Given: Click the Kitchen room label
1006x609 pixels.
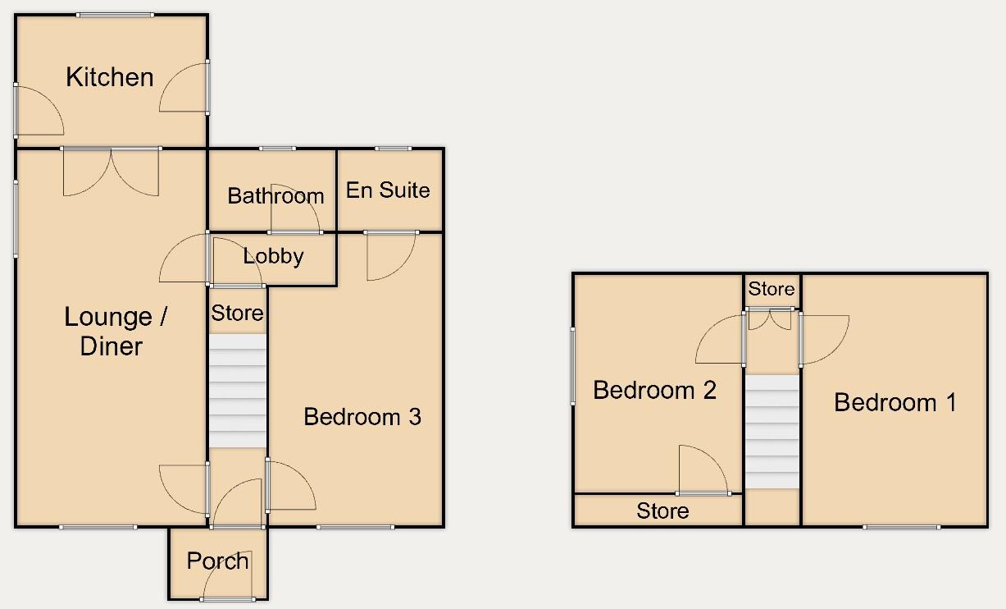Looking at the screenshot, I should [x=110, y=77].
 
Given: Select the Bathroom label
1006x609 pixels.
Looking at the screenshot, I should [x=275, y=195].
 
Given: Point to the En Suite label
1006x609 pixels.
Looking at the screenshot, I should [x=388, y=190].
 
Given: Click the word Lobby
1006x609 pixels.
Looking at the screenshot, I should [x=273, y=256].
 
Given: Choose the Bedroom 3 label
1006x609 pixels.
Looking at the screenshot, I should [x=362, y=416].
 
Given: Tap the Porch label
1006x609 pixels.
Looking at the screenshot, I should [x=217, y=561].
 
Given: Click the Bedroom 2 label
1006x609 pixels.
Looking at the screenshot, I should [x=654, y=390].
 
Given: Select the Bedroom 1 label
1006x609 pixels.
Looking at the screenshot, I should [x=895, y=402].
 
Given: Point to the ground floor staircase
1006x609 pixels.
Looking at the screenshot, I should [x=238, y=390].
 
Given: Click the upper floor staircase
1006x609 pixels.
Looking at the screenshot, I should [x=772, y=432].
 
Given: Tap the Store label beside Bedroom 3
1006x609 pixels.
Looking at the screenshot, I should [x=238, y=313].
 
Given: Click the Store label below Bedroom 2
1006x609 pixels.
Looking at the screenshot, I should [x=662, y=511].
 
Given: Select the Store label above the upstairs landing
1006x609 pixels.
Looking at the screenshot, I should [x=772, y=289].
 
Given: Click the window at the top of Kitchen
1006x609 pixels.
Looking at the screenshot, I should [x=115, y=15].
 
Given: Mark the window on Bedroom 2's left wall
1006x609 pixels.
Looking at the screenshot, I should [x=572, y=365].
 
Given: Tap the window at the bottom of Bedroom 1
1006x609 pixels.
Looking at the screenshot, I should [x=901, y=526].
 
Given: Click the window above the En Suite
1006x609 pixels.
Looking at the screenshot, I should [x=394, y=149].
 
